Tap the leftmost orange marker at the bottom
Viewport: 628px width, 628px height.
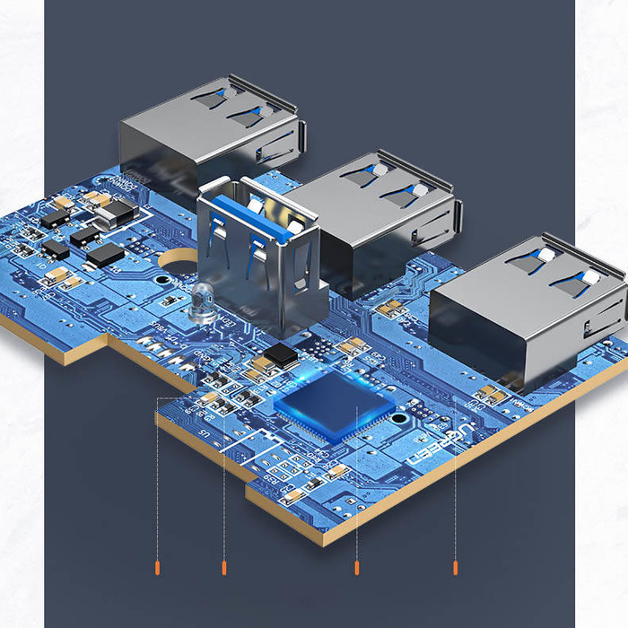pyautogui.click(x=158, y=567)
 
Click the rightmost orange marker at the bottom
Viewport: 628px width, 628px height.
pyautogui.click(x=456, y=567)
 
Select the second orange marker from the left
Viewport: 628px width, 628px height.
pyautogui.click(x=223, y=567)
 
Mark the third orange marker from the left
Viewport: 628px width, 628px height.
pyautogui.click(x=357, y=567)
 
